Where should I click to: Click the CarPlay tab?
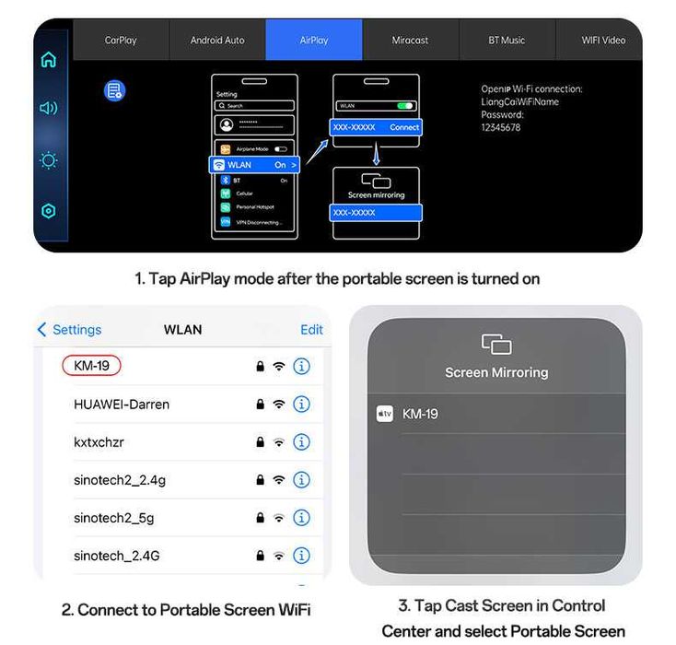click(x=121, y=41)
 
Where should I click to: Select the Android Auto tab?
click(x=217, y=41)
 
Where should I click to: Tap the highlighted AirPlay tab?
click(x=314, y=41)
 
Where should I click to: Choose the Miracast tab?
click(x=411, y=41)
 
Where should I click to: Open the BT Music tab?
click(x=507, y=41)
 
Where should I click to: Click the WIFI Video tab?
click(x=602, y=41)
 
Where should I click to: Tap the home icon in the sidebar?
click(x=49, y=60)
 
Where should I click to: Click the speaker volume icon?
click(x=49, y=109)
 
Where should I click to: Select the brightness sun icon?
click(x=49, y=160)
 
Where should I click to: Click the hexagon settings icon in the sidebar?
click(x=49, y=211)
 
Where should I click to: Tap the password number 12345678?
click(x=501, y=128)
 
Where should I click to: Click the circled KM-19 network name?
click(x=91, y=366)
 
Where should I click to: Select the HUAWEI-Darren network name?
click(x=122, y=405)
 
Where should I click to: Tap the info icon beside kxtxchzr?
click(x=301, y=442)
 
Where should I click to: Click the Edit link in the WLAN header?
click(x=311, y=330)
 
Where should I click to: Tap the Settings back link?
click(x=70, y=330)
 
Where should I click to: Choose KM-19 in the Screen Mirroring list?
click(x=420, y=415)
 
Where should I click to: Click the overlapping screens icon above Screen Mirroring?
click(x=496, y=345)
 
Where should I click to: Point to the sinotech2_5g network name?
click(x=114, y=518)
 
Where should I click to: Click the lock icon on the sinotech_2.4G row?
click(x=261, y=556)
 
